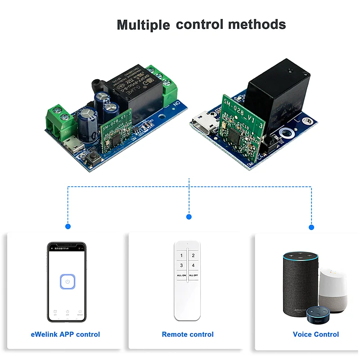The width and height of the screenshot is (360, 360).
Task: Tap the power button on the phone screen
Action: click(67, 282)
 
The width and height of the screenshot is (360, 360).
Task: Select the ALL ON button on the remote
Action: click(181, 275)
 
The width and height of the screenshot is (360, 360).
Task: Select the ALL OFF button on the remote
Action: click(193, 275)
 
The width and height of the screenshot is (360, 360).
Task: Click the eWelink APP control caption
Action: click(65, 334)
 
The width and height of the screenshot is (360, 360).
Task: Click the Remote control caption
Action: click(188, 334)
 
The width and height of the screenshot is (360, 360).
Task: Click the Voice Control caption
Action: click(316, 334)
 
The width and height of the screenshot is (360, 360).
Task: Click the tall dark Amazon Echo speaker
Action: click(300, 283)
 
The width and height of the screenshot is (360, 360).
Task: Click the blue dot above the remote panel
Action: click(189, 217)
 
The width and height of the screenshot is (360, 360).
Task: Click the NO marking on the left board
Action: click(178, 103)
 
